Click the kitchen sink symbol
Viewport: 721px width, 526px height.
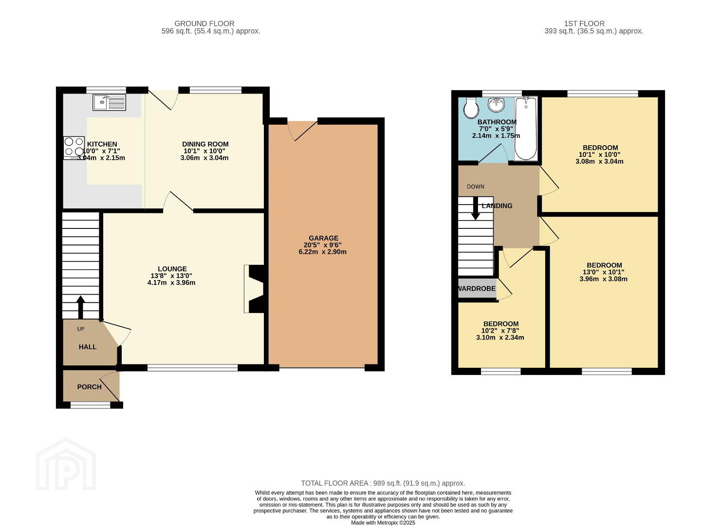tap(109, 102)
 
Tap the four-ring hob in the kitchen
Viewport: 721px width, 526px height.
tap(74, 148)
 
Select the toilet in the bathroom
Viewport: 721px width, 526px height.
tap(471, 108)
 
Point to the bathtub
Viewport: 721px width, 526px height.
tap(526, 129)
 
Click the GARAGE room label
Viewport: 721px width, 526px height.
tap(323, 238)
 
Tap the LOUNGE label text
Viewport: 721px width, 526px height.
tap(172, 269)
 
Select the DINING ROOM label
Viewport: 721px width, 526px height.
tap(205, 144)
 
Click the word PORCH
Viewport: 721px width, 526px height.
tap(90, 387)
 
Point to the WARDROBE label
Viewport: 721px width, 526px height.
tap(477, 289)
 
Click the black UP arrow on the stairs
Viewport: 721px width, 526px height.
tap(80, 307)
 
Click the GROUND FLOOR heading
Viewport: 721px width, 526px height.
tap(204, 23)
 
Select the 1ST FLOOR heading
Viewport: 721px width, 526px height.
tap(584, 23)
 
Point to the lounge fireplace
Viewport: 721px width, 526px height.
tap(255, 289)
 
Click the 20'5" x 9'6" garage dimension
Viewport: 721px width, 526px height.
tap(323, 245)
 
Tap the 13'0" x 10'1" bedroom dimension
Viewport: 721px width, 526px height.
tap(604, 272)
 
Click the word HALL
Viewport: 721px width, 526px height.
tap(88, 347)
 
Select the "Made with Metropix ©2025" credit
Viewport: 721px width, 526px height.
tap(383, 523)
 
